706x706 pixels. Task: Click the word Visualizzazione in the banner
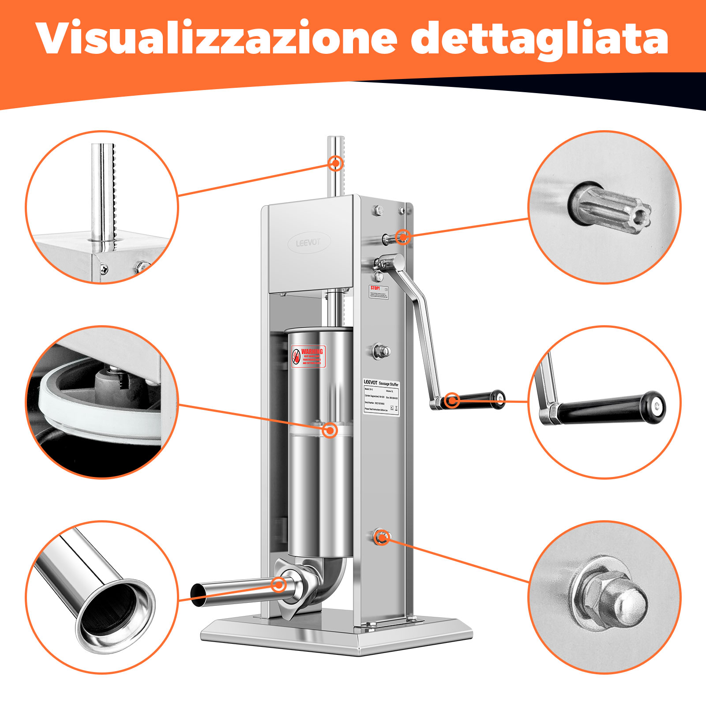click(x=216, y=39)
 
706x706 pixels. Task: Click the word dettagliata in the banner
click(x=539, y=39)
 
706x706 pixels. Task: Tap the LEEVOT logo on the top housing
click(x=308, y=243)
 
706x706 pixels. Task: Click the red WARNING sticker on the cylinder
click(x=308, y=357)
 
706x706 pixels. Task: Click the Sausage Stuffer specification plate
click(x=381, y=396)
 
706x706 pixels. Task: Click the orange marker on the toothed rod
click(x=336, y=163)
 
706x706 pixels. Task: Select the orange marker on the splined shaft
click(x=402, y=237)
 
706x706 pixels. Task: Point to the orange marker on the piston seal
click(x=330, y=430)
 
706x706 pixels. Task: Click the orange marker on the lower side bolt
click(x=382, y=537)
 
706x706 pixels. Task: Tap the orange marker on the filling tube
click(x=278, y=585)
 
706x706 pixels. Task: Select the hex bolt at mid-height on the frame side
click(x=381, y=351)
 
